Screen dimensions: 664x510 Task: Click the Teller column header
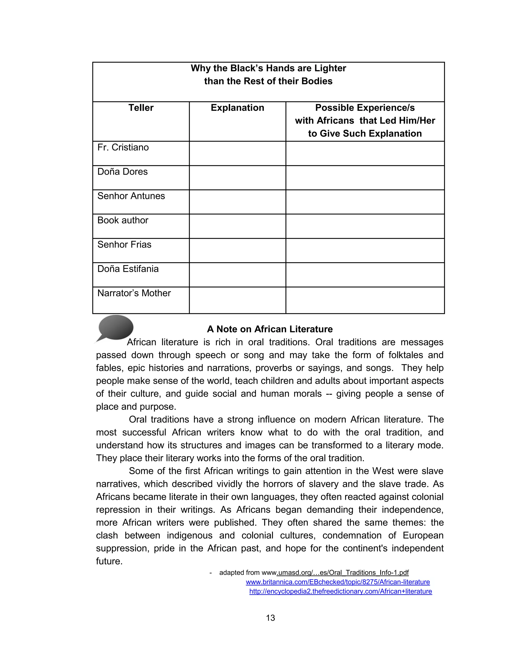(141, 108)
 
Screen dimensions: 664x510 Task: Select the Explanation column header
(237, 108)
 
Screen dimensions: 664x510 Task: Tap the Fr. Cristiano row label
(123, 147)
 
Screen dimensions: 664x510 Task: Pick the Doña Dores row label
(122, 172)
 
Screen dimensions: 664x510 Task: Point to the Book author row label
(123, 220)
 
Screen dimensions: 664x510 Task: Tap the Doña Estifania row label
(128, 269)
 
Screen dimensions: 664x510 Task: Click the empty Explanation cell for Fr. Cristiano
(237, 153)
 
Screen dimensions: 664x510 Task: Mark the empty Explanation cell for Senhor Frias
(237, 251)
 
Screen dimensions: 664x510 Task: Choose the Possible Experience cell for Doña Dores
(365, 178)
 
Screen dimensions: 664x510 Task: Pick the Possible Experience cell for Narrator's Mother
(365, 300)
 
